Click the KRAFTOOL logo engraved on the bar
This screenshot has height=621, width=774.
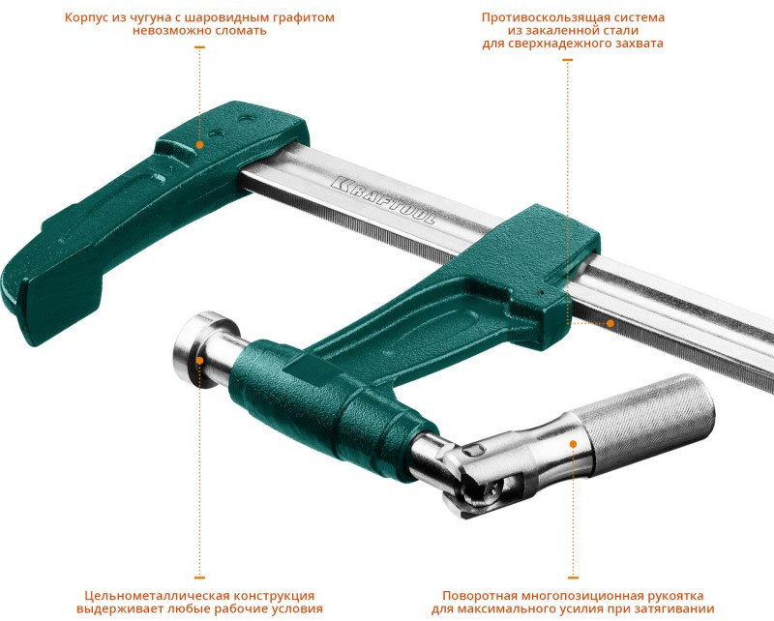[383, 200]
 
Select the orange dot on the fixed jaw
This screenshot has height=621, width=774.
[199, 145]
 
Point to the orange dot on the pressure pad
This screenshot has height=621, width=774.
[199, 361]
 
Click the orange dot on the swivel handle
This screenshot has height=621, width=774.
[573, 444]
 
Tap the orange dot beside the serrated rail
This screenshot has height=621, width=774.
[610, 323]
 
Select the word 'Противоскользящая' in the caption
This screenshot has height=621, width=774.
[540, 17]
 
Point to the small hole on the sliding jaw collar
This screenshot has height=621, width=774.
[542, 292]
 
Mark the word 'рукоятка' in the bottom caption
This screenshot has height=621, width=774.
[675, 596]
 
